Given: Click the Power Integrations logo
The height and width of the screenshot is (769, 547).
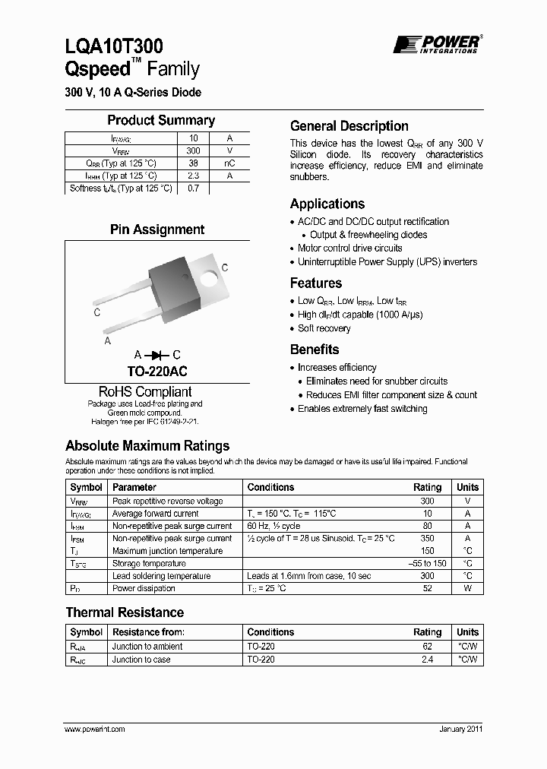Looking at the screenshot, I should [x=436, y=44].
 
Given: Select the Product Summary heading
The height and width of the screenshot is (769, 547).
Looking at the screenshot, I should [x=160, y=120].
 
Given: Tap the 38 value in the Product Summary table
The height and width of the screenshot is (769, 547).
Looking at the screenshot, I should [x=193, y=163].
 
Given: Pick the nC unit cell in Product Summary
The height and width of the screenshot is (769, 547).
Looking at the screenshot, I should [x=229, y=163].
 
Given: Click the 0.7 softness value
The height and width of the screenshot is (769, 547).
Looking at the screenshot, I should [x=193, y=188].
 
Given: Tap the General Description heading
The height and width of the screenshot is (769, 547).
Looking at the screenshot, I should [x=349, y=126].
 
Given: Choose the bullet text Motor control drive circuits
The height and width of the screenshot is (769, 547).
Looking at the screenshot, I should [x=350, y=248].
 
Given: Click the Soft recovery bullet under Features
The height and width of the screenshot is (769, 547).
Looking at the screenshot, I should [x=324, y=328].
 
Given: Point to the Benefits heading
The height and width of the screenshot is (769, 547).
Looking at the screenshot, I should [x=315, y=350].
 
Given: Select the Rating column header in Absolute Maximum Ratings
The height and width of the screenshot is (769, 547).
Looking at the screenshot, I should [x=427, y=487].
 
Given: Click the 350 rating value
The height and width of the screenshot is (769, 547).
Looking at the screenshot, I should [x=427, y=538].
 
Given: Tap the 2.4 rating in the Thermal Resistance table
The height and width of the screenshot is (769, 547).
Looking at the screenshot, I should [x=427, y=660].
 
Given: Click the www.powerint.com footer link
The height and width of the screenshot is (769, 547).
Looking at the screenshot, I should [x=95, y=729].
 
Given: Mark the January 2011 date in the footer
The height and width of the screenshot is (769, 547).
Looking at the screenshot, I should [x=460, y=729].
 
